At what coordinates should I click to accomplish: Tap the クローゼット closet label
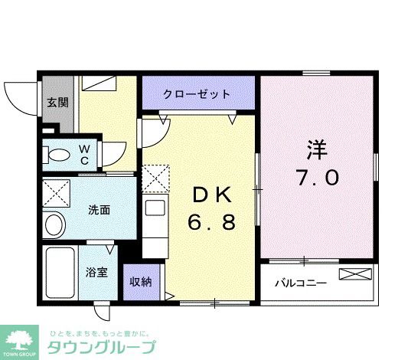click(197, 94)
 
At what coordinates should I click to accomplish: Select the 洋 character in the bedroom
click(317, 148)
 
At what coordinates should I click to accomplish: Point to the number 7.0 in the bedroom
click(317, 178)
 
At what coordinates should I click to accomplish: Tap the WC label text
click(85, 154)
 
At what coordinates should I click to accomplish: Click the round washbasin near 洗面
click(54, 224)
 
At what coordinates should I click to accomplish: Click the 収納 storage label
click(140, 281)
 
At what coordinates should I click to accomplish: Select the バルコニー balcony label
click(301, 283)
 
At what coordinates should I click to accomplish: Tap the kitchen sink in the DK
click(155, 208)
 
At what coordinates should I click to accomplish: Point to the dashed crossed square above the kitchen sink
click(155, 179)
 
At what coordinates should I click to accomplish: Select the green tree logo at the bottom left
click(21, 341)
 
